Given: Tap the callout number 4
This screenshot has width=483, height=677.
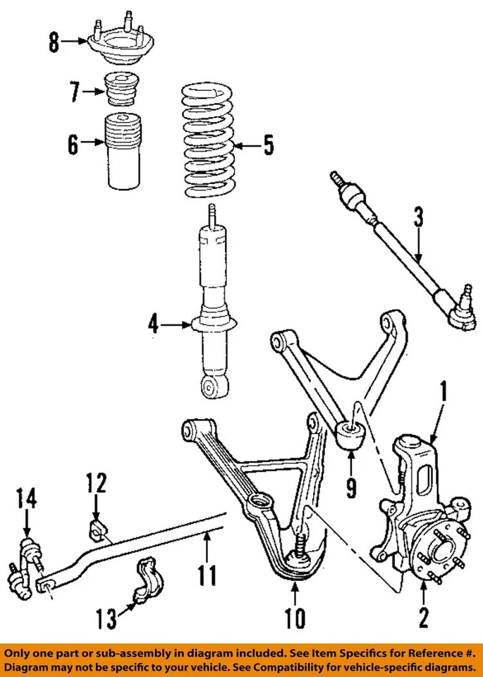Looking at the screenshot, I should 154,324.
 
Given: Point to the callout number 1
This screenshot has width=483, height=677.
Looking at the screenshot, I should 444,390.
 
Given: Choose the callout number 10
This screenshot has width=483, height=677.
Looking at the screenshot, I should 295,618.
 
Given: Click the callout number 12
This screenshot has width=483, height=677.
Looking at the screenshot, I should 97,484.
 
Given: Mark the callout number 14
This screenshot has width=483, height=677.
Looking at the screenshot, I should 26,501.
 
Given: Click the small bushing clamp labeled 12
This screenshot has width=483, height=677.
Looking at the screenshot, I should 97,528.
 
